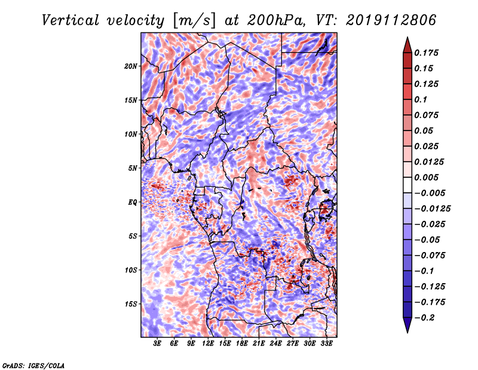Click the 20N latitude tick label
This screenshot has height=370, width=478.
click(x=131, y=66)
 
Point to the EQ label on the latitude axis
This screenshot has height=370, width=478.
click(x=132, y=202)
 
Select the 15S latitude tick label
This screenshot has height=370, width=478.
click(x=131, y=304)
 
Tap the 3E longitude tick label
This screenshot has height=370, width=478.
click(x=157, y=343)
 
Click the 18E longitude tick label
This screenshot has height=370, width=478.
click(x=242, y=343)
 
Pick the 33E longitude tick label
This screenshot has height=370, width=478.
click(x=326, y=343)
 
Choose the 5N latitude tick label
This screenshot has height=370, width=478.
click(x=133, y=168)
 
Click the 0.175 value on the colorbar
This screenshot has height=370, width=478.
click(x=426, y=53)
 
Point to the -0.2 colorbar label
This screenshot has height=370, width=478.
click(x=424, y=318)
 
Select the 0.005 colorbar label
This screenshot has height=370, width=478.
click(x=426, y=177)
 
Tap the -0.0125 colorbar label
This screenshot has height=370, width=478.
click(x=432, y=209)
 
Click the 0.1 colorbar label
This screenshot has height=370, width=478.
click(x=421, y=99)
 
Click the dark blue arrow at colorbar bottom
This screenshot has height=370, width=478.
click(x=407, y=324)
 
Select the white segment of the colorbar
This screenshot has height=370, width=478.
click(x=407, y=185)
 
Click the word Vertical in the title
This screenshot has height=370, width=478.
click(x=71, y=20)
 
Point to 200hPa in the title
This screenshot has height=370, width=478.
click(x=276, y=20)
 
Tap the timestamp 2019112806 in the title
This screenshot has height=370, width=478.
click(x=391, y=20)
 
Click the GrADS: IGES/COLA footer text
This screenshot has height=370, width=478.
click(x=33, y=365)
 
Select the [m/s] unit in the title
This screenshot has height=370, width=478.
click(x=194, y=21)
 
